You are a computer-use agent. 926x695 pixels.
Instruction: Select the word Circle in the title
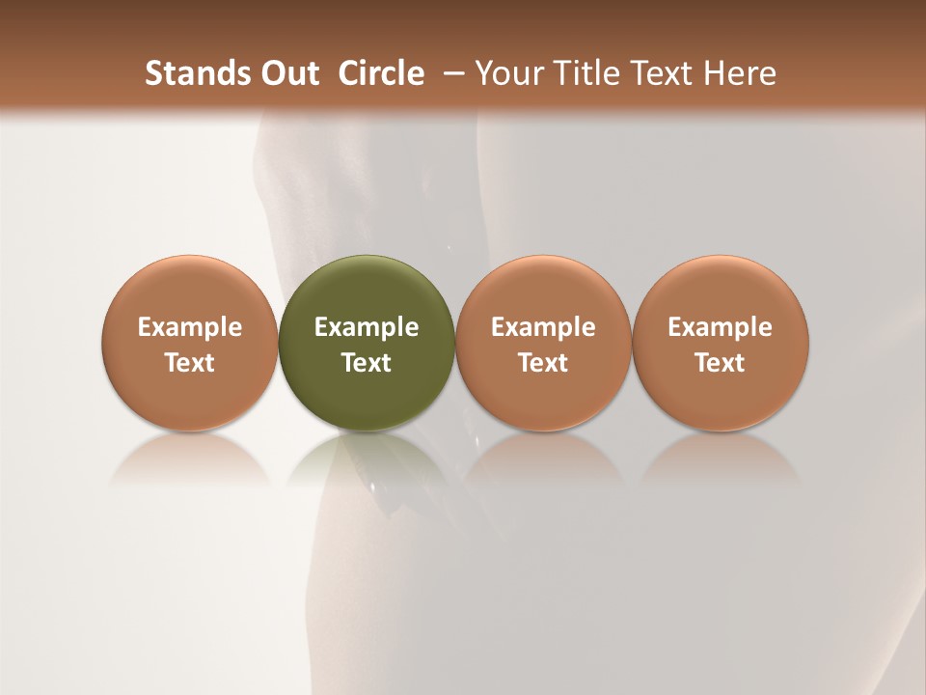click(x=381, y=73)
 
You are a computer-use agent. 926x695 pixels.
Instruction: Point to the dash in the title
click(x=451, y=73)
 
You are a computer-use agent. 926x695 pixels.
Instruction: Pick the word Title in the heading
click(x=581, y=73)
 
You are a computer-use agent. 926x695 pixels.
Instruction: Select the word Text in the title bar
click(x=658, y=73)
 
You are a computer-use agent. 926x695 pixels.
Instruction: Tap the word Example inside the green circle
click(x=367, y=328)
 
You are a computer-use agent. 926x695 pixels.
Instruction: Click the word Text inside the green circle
click(x=367, y=363)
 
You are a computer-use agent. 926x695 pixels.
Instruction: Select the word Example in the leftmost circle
click(x=190, y=328)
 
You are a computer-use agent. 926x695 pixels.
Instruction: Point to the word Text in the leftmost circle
click(x=190, y=363)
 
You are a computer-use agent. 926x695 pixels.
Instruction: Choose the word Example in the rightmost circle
click(x=720, y=328)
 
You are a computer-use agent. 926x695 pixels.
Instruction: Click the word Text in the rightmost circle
click(x=720, y=363)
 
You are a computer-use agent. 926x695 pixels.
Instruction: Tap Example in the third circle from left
click(x=543, y=328)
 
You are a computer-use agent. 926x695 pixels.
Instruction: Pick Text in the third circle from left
click(x=543, y=363)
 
